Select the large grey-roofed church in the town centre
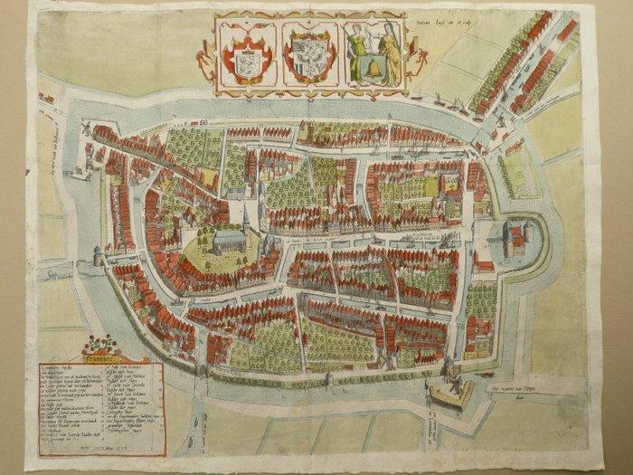click(x=230, y=241)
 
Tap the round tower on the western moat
click(x=98, y=256)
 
